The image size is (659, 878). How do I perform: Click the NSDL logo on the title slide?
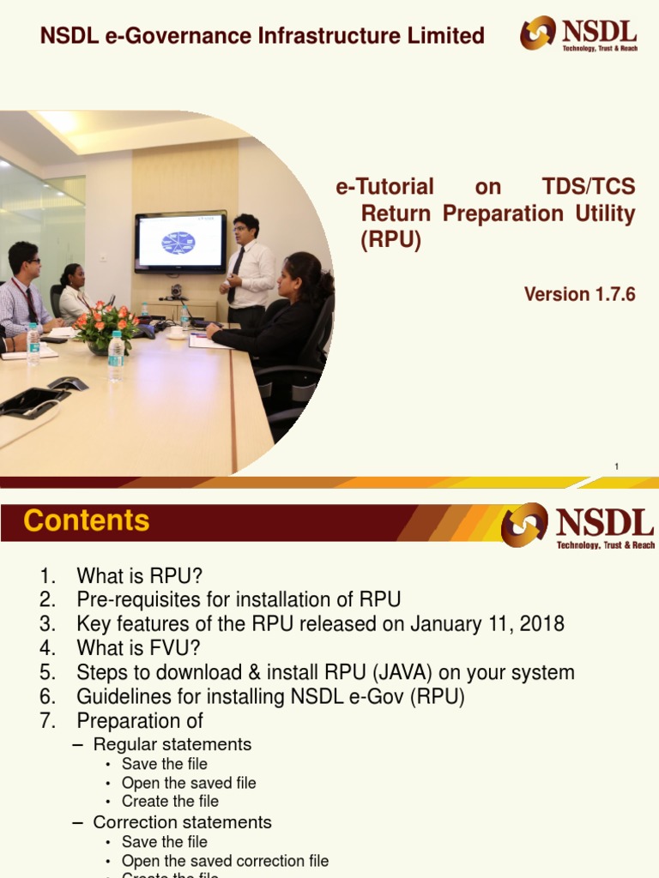click(x=578, y=34)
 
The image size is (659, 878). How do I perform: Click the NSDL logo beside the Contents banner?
click(x=578, y=525)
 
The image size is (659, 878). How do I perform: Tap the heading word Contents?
click(x=87, y=520)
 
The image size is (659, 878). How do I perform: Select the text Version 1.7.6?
click(x=579, y=294)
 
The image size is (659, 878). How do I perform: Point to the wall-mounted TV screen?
click(x=180, y=241)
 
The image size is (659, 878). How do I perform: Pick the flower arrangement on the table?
click(x=106, y=327)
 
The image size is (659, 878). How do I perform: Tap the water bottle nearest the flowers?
click(x=116, y=356)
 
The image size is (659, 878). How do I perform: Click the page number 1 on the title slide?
click(x=616, y=466)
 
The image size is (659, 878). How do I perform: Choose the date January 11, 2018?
click(x=487, y=623)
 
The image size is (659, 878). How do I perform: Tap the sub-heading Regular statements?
click(x=172, y=744)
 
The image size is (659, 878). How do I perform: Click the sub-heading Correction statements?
click(x=182, y=822)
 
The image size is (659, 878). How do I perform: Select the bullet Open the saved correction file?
click(x=225, y=861)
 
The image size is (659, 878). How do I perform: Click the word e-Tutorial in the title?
click(x=384, y=187)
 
